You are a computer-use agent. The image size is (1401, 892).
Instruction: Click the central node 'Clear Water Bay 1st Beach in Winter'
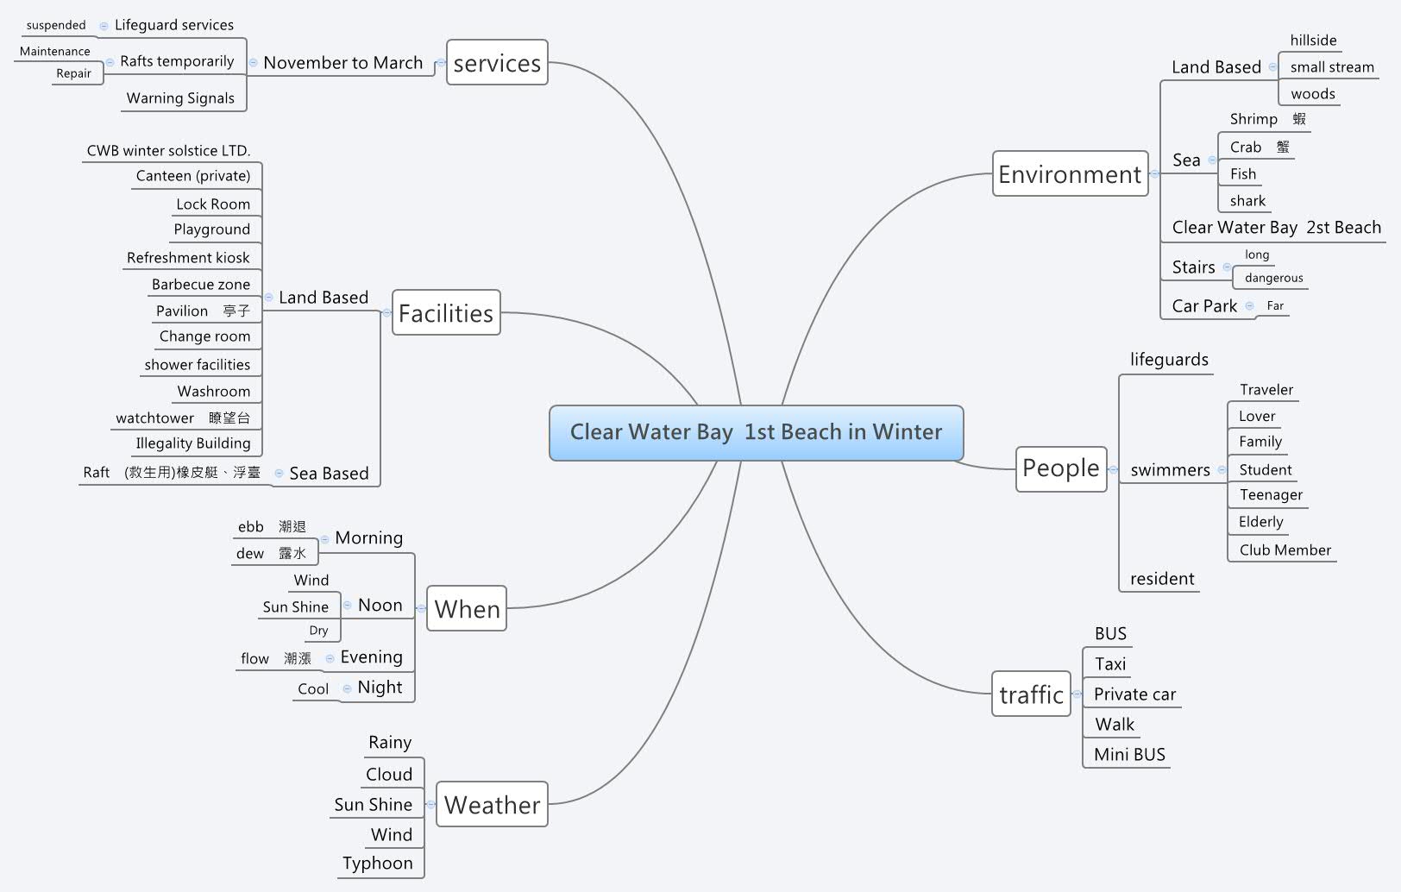[x=756, y=432]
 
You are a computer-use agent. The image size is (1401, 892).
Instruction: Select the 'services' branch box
[x=497, y=63]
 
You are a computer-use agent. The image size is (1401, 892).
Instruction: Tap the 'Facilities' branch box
[x=446, y=313]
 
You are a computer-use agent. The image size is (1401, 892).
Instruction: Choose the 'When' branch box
[x=467, y=609]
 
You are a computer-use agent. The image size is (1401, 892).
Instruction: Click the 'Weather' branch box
[x=492, y=805]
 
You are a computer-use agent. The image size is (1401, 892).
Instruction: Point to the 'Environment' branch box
[x=1070, y=174]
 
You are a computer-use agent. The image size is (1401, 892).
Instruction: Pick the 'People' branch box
[x=1060, y=468]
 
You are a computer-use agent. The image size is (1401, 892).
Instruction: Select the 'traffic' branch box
[x=1031, y=694]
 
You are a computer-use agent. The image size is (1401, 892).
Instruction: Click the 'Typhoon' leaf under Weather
[x=377, y=864]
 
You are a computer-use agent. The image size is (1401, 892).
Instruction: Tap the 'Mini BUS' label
[x=1129, y=755]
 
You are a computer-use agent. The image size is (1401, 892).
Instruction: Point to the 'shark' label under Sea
[x=1247, y=201]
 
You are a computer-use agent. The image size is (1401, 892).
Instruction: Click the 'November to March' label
[x=342, y=63]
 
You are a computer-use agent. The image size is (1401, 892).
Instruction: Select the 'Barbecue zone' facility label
[x=201, y=285]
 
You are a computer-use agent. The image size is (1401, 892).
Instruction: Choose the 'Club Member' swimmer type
[x=1285, y=550]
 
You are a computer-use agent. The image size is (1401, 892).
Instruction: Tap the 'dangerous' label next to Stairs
[x=1273, y=278]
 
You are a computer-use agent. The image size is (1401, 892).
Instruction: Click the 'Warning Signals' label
[x=180, y=98]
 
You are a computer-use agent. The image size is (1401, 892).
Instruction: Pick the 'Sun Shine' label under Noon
[x=295, y=607]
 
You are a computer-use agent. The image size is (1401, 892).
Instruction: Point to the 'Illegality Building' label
[x=193, y=443]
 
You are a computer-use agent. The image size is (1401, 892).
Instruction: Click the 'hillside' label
[x=1313, y=41]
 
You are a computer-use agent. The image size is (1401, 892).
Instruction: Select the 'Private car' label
[x=1134, y=694]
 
